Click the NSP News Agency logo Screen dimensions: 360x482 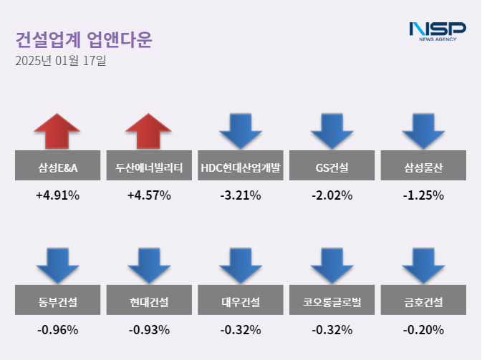[x=437, y=31]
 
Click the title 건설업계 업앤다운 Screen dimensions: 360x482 [x=84, y=39]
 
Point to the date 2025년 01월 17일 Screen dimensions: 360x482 [x=60, y=62]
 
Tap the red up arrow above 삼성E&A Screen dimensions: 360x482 [x=57, y=131]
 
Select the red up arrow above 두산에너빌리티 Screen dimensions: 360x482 [x=148, y=131]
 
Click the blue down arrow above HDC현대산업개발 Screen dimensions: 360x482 [x=241, y=131]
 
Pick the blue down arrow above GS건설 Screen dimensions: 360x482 [x=332, y=131]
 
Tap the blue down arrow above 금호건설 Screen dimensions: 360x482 [x=423, y=264]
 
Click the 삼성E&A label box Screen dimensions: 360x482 [x=58, y=168]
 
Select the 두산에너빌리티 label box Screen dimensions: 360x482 [x=149, y=168]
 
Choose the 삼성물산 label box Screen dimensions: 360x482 [x=423, y=168]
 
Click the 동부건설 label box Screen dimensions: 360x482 [x=58, y=302]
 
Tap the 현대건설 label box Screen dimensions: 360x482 [x=149, y=302]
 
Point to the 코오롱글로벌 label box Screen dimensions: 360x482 [x=332, y=302]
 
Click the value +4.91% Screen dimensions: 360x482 [x=57, y=195]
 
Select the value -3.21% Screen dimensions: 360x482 [x=241, y=195]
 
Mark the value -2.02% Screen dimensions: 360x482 [x=332, y=195]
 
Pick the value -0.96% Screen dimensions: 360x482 [x=57, y=330]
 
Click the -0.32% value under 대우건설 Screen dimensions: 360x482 [x=241, y=330]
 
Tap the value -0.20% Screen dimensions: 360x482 [x=423, y=330]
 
